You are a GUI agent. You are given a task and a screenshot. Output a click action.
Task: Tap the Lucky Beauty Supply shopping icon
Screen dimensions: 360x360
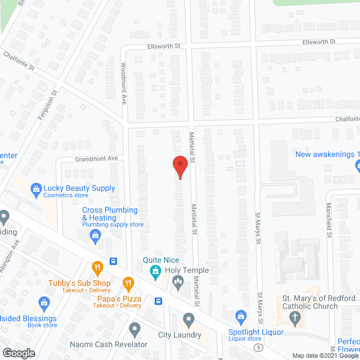36,189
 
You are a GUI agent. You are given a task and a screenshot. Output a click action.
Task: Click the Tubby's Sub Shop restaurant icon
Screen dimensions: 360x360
97,267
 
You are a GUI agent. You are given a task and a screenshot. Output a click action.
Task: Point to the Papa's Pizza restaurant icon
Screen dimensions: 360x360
128,282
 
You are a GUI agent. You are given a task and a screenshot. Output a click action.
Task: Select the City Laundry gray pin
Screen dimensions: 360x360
188,321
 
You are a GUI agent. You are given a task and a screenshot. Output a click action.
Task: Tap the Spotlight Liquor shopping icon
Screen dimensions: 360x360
241,316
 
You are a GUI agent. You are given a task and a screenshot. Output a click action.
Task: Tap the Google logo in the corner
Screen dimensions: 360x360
18,353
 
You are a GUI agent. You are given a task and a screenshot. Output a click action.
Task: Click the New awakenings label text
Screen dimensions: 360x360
327,155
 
